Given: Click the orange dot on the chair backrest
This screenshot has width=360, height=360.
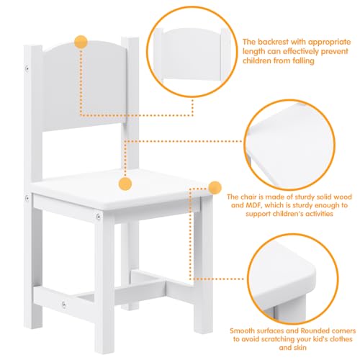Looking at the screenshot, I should (x=81, y=42).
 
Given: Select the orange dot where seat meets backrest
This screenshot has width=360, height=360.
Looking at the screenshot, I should (x=125, y=184).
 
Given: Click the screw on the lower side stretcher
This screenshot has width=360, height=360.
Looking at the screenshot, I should (x=65, y=304).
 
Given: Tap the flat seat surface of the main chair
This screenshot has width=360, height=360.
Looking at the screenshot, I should (x=122, y=194).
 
